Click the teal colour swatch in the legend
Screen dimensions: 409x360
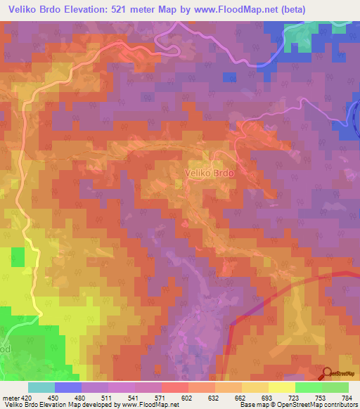point(41,387)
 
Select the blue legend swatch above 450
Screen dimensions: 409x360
point(68,387)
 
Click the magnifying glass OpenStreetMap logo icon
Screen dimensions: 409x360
point(327,373)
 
